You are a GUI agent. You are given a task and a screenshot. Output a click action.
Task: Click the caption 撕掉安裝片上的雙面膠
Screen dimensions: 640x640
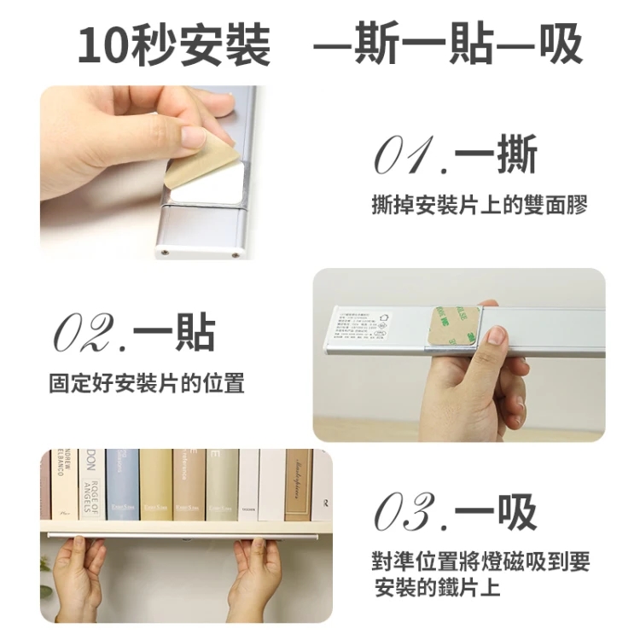pyautogui.click(x=480, y=206)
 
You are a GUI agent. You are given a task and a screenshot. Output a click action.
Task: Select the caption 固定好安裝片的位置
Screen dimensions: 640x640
pyautogui.click(x=146, y=383)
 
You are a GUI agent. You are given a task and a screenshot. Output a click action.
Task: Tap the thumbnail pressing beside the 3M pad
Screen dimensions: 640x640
pyautogui.click(x=496, y=336)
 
